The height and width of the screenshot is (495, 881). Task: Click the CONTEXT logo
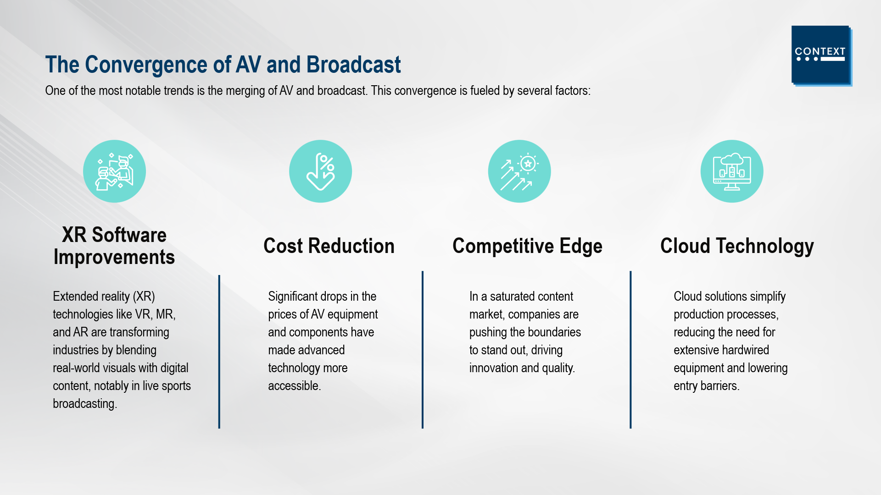click(821, 55)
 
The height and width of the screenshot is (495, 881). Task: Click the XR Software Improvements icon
click(114, 171)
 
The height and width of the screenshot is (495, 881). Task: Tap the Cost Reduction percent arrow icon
click(320, 171)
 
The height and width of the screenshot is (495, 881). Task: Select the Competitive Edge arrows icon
click(519, 171)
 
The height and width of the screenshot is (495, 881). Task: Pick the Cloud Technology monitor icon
click(732, 171)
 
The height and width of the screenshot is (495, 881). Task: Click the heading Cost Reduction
click(329, 246)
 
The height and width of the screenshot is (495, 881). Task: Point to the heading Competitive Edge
click(527, 247)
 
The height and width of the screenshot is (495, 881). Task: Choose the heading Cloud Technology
click(737, 247)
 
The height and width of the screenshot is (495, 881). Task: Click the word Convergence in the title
click(158, 65)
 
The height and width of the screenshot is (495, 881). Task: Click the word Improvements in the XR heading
click(114, 258)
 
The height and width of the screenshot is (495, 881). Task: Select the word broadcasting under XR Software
click(84, 404)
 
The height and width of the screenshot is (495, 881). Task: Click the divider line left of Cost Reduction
click(219, 352)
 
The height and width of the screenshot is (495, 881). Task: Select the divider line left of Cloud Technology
click(630, 350)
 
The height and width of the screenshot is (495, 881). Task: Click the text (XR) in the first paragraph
click(144, 297)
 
